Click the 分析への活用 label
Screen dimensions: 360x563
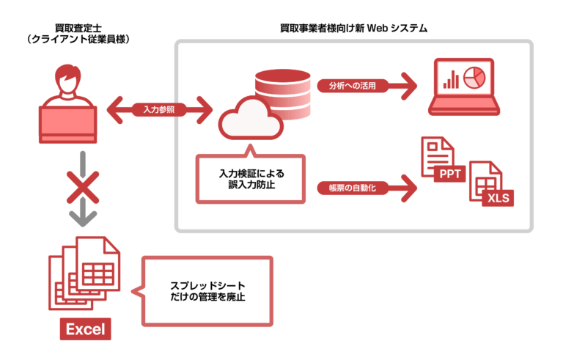point(348,86)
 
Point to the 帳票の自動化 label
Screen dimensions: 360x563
point(348,189)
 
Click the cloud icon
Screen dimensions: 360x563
point(250,120)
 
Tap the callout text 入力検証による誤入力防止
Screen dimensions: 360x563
point(251,180)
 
